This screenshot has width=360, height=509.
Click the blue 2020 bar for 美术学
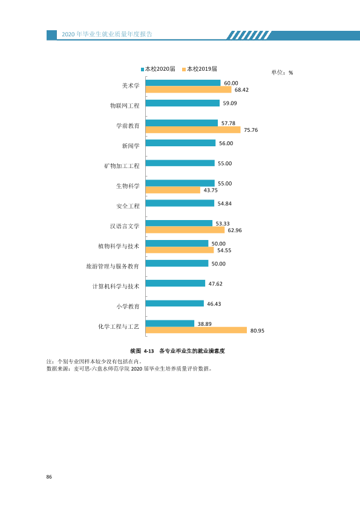coord(183,83)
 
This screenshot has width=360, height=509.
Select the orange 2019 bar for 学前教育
coord(193,130)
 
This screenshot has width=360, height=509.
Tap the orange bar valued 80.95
coord(196,331)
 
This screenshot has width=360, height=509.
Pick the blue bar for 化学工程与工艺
coord(170,323)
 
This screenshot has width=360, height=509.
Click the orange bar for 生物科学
coord(173,190)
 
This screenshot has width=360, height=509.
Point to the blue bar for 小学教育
coord(175,303)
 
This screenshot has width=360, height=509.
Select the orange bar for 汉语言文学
coord(185,230)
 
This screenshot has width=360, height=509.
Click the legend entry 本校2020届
coord(158,69)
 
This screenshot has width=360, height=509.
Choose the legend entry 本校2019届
coord(200,69)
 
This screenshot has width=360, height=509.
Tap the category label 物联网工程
coord(125,106)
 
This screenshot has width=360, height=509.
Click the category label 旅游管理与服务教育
coord(113,267)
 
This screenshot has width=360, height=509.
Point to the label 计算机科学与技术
coord(116,287)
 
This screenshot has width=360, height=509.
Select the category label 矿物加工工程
coord(122,166)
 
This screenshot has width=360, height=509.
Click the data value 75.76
coord(251,130)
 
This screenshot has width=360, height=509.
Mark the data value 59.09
coord(230,103)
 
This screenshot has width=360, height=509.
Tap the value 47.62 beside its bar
coord(215,284)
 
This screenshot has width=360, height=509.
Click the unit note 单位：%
coord(283,73)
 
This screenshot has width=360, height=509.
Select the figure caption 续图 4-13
coord(142,351)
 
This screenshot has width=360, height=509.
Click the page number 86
coord(49,477)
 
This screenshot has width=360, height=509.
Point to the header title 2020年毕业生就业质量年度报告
coord(107,34)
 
